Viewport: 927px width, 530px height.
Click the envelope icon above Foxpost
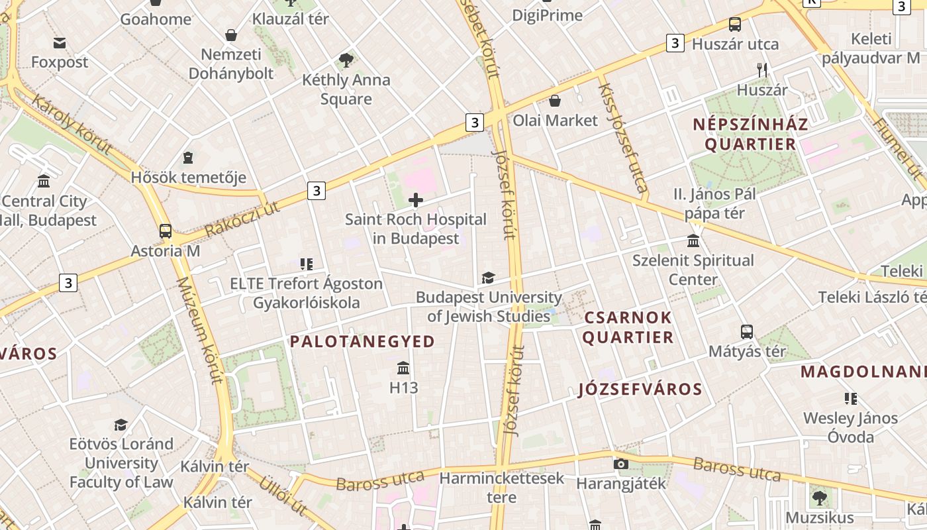coord(60,43)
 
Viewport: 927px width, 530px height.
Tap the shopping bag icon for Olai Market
coord(555,101)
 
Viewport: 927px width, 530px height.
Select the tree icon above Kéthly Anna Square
coord(346,61)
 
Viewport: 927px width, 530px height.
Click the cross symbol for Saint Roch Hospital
coord(416,200)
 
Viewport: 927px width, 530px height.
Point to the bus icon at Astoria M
coord(165,231)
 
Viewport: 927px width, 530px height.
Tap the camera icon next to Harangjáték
coord(620,464)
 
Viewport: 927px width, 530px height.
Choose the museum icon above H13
coord(403,368)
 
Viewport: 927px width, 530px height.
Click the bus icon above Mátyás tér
coord(747,331)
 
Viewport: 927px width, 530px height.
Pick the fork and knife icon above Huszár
coord(762,70)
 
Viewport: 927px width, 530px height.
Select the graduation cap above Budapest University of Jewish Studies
coord(488,278)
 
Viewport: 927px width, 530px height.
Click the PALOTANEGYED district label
coord(363,342)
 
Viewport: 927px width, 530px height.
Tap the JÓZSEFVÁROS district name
coord(640,389)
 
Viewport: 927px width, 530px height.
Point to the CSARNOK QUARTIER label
coord(628,327)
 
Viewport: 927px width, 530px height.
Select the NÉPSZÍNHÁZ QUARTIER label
coord(750,134)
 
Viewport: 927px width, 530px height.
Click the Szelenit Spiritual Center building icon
coord(693,240)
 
